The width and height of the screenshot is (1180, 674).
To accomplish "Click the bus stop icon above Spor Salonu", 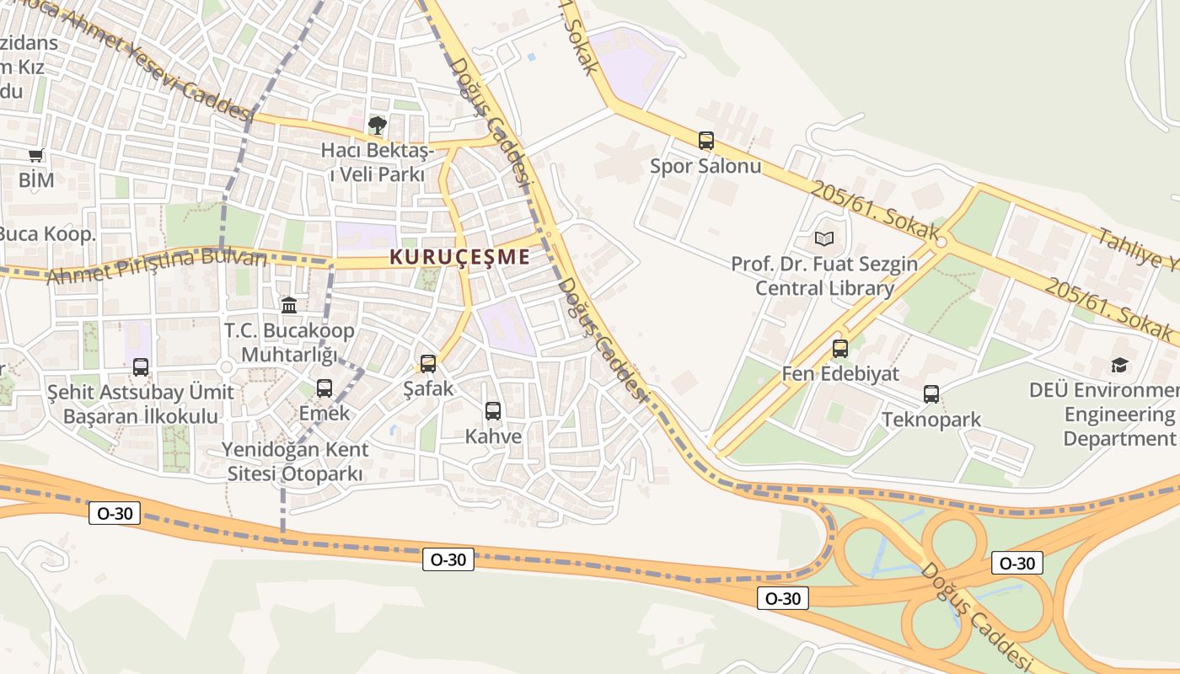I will pyautogui.click(x=706, y=141).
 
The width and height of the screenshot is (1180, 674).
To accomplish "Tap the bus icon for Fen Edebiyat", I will pyautogui.click(x=840, y=349).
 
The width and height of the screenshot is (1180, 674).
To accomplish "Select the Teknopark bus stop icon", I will pyautogui.click(x=931, y=394).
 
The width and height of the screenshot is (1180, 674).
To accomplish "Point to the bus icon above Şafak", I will pyautogui.click(x=428, y=364).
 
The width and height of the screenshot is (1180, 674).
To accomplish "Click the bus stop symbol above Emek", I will pyautogui.click(x=324, y=388).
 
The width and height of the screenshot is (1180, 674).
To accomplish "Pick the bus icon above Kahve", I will pyautogui.click(x=493, y=411).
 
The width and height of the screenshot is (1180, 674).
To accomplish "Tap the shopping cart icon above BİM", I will pyautogui.click(x=36, y=155).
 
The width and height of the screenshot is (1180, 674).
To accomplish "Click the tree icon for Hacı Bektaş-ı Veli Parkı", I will pyautogui.click(x=378, y=126).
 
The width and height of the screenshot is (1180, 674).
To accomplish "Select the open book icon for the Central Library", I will pyautogui.click(x=823, y=239).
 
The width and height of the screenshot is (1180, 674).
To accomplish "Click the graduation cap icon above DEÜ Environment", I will pyautogui.click(x=1119, y=365).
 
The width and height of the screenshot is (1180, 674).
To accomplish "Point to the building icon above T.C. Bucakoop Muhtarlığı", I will pyautogui.click(x=289, y=305).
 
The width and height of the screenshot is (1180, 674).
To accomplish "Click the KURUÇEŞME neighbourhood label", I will pyautogui.click(x=460, y=258).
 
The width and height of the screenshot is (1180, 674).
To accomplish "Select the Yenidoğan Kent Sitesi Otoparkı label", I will pyautogui.click(x=295, y=462).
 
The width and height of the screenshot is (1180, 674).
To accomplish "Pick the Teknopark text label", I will pyautogui.click(x=931, y=420).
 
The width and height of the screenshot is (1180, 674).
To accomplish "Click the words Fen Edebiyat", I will pyautogui.click(x=840, y=373).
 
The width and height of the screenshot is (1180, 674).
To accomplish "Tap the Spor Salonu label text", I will pyautogui.click(x=705, y=166).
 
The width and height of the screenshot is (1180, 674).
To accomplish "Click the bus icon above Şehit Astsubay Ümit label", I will pyautogui.click(x=141, y=367).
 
